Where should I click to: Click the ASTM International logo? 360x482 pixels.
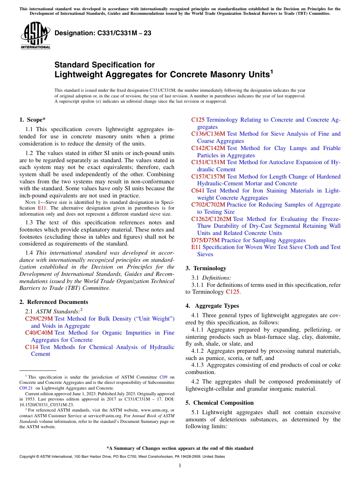coord(35,36)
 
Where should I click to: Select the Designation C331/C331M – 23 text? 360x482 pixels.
coord(103,33)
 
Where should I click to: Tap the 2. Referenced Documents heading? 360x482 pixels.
coord(53,302)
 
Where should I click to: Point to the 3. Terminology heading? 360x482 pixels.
coord(206,268)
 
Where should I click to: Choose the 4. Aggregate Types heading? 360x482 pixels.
coord(212,306)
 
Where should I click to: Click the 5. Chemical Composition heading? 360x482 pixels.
coord(219,403)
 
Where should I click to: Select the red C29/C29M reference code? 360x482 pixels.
coord(39,319)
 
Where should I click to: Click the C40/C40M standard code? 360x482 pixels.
coord(39,333)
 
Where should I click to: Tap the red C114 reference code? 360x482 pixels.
coord(32,347)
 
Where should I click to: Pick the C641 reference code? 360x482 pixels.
coord(198,191)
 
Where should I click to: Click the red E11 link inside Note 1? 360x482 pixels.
coord(42,208)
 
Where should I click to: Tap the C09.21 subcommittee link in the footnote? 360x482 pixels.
coord(25,388)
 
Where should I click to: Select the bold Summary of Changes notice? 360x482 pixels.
coord(180,448)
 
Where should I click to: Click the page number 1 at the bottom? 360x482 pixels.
coord(180,466)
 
